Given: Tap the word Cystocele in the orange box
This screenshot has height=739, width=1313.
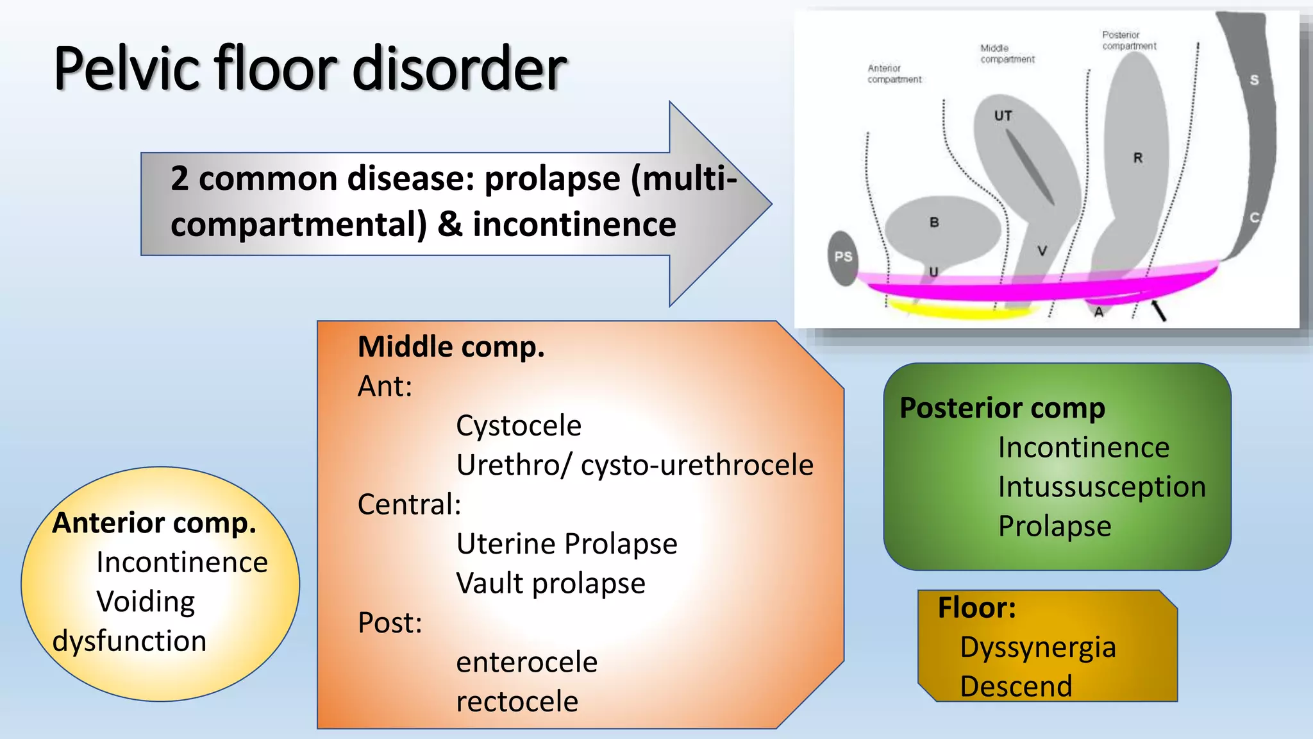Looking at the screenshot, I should coord(518,426).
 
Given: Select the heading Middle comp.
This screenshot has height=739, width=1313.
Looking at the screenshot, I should coord(451,347).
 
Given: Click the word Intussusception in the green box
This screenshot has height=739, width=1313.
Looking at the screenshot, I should coord(1101,487).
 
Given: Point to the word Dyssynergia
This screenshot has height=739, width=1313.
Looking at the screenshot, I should coord(1037,647).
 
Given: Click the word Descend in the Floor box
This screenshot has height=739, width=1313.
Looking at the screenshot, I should coord(1016,686).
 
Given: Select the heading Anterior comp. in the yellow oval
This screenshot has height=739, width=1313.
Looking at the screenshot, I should coord(154,523).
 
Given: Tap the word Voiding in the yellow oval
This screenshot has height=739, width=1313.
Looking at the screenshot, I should coord(146,602).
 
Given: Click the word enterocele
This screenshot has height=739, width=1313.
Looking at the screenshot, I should coord(526,662).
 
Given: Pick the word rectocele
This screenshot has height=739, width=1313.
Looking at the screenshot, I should coord(517,702).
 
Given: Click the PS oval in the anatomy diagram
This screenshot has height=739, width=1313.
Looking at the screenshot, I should coord(843,257).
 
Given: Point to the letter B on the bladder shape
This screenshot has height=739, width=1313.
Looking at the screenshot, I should coord(934,223).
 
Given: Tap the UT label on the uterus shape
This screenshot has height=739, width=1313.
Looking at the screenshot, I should coord(1003,116).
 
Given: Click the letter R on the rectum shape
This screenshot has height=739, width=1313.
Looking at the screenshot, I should coord(1137,158).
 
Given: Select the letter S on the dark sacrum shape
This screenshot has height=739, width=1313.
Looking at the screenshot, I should coord(1254,80).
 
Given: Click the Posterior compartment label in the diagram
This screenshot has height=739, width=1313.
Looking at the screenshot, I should coord(1128,40).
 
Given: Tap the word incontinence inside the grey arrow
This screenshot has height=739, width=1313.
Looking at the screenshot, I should coord(574,225).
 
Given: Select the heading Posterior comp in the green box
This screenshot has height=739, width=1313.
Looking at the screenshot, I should coord(1002,408).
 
